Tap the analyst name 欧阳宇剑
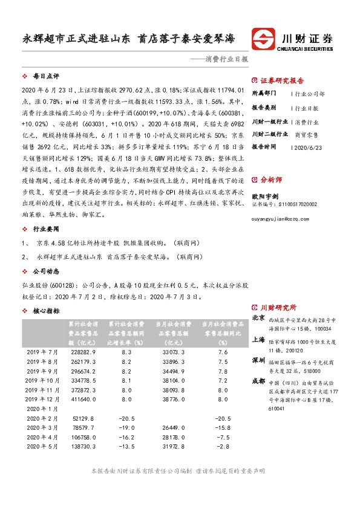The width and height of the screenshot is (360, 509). click(x=266, y=195)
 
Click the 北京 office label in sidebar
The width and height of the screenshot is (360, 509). click(x=258, y=317)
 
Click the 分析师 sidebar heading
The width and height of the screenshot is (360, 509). click(x=270, y=180)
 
